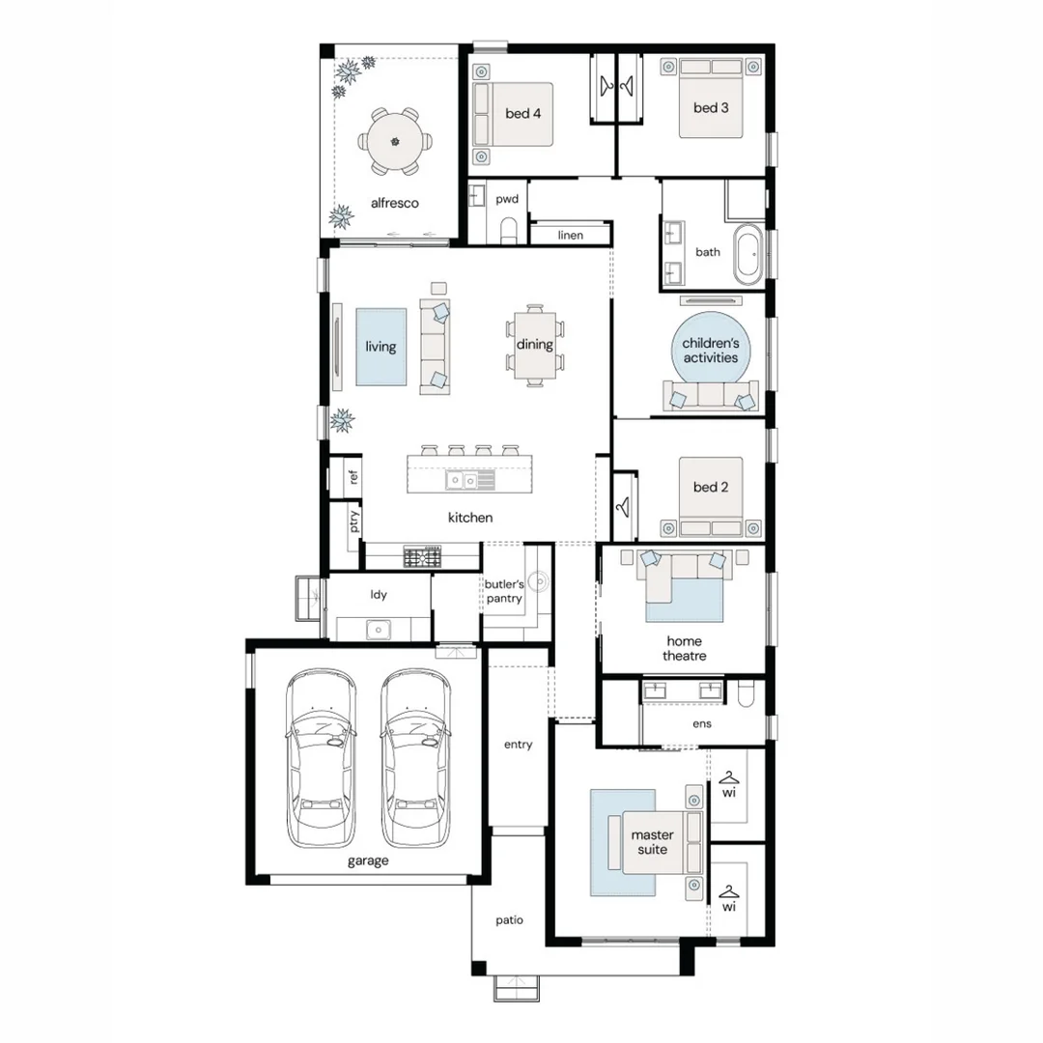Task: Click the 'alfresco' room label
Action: [394, 203]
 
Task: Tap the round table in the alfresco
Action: [395, 142]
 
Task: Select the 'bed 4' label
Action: [522, 114]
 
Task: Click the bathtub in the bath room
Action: [748, 254]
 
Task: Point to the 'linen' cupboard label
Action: [570, 235]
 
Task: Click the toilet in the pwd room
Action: [509, 230]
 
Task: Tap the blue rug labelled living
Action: [381, 347]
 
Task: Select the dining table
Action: [535, 345]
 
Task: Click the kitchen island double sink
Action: [470, 480]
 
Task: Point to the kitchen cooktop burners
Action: [422, 557]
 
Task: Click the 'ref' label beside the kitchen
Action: [353, 476]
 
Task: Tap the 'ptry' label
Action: [353, 521]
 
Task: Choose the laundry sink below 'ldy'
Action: [378, 629]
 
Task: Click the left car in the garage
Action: [321, 758]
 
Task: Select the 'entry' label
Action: [518, 745]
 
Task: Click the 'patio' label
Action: [509, 920]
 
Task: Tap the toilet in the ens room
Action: [746, 693]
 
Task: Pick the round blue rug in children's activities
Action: [711, 351]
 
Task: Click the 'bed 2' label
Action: [711, 487]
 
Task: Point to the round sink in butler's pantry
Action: [540, 582]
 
